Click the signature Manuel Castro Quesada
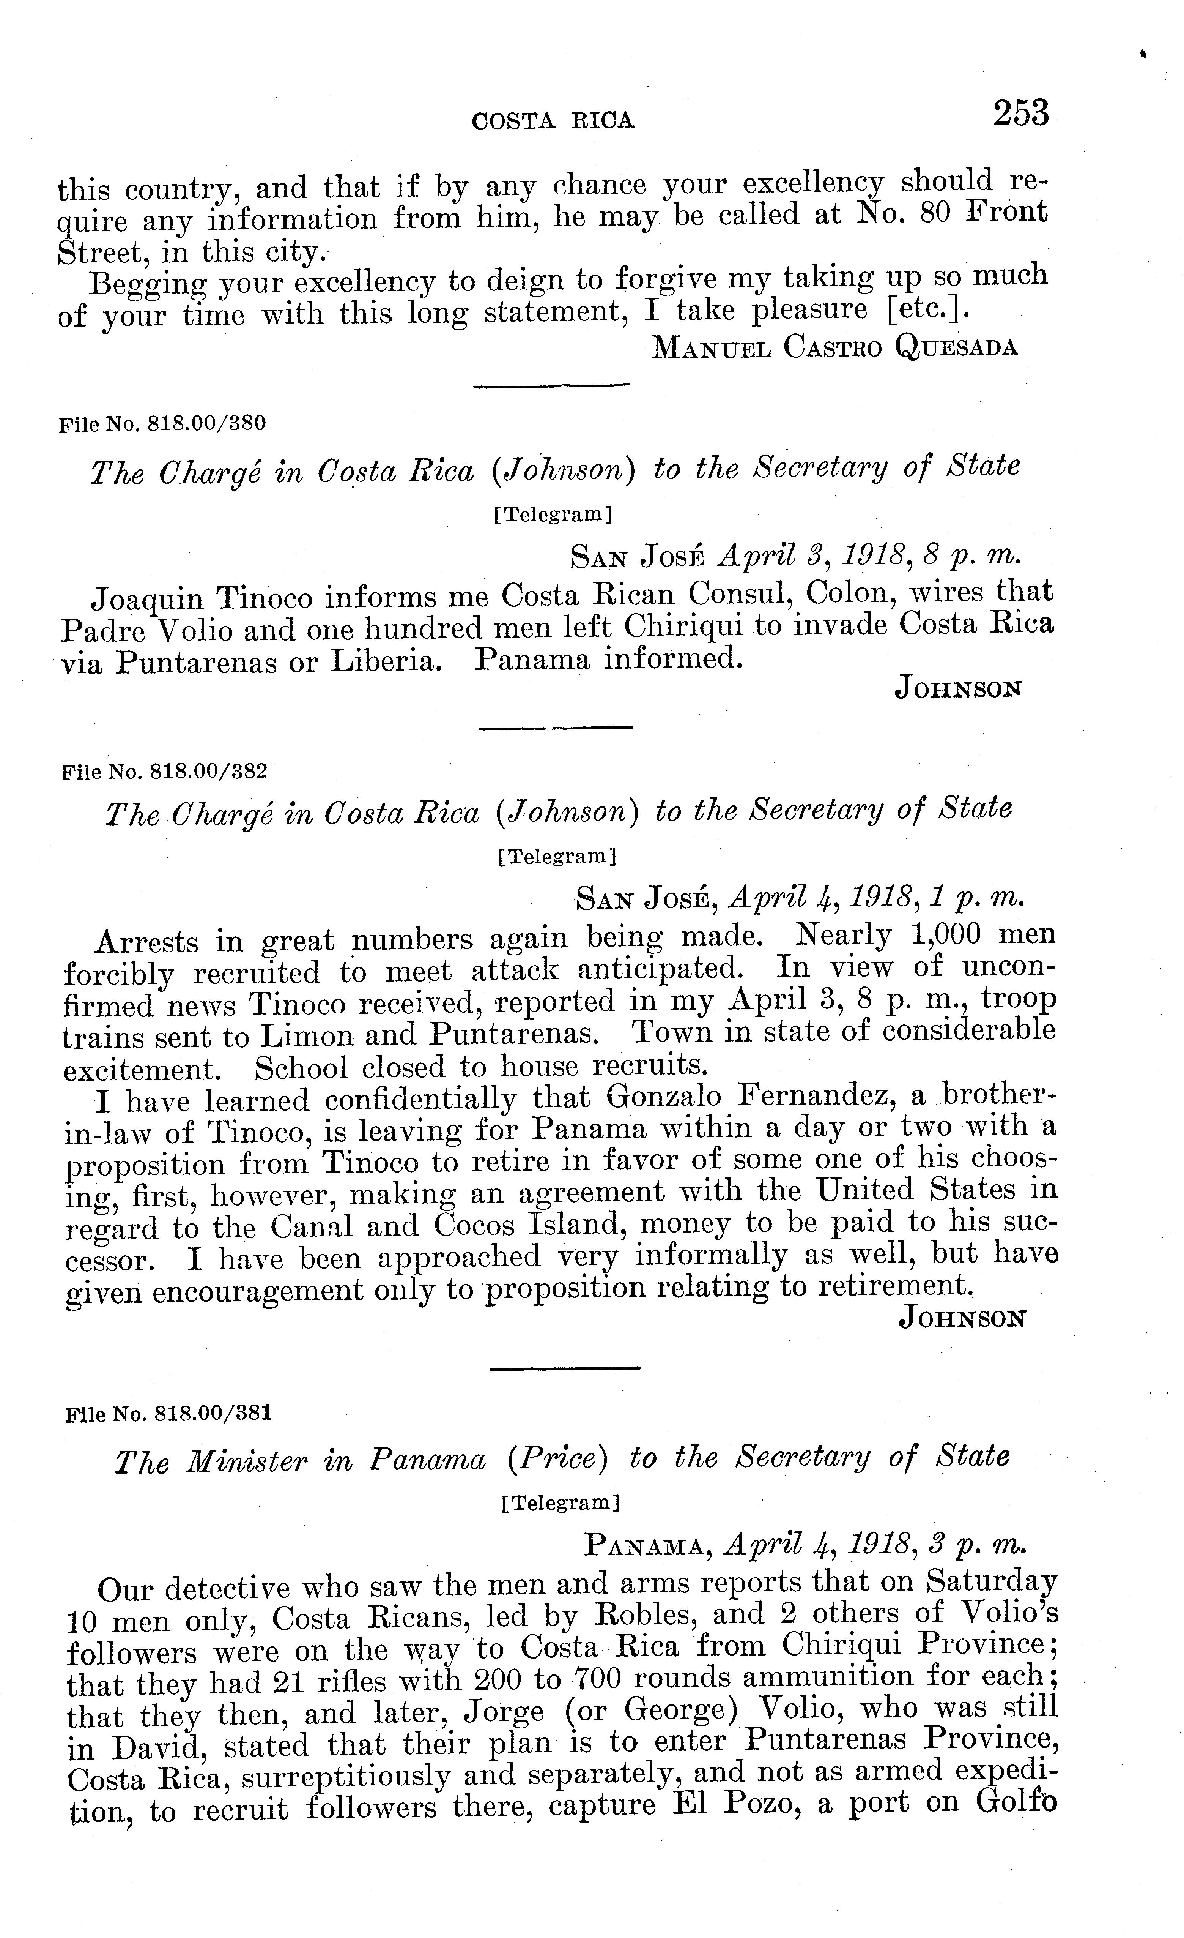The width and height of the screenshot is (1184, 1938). coord(835,347)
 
